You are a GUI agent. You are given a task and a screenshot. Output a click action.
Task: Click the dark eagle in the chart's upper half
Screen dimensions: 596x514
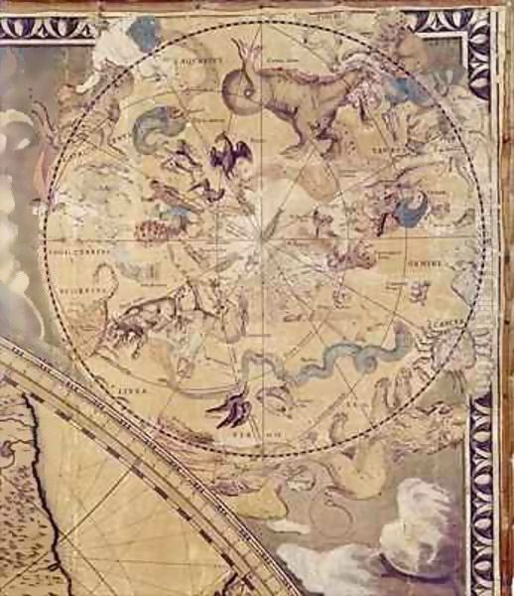pyautogui.click(x=230, y=155)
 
